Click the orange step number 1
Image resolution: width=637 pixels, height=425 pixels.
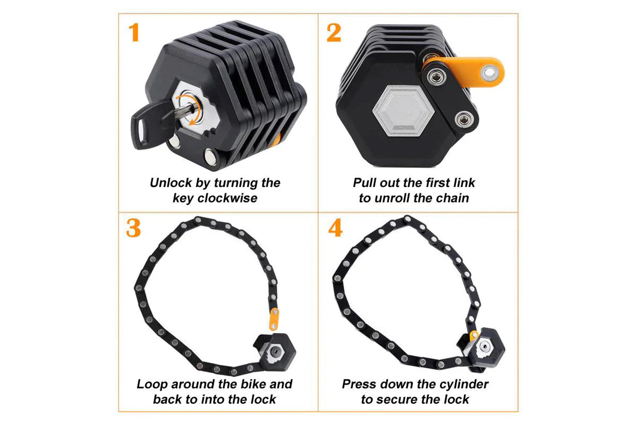134,33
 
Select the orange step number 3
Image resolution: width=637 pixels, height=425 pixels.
133,228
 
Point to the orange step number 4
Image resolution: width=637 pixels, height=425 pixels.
335,228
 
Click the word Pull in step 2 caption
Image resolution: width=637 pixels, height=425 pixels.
363,183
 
